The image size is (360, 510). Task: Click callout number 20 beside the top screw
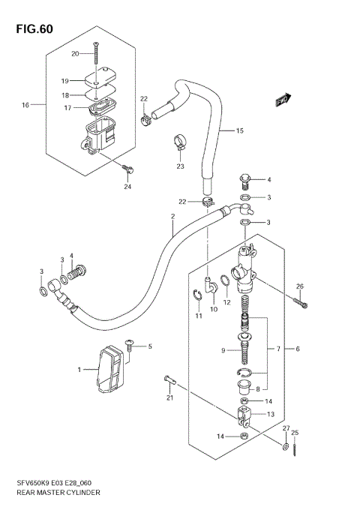click(x=75, y=53)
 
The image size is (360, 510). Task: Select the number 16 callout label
click(x=25, y=105)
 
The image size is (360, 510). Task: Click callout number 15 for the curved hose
click(x=219, y=130)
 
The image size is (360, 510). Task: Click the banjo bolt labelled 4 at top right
click(x=242, y=180)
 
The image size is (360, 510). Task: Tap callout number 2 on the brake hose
click(x=172, y=217)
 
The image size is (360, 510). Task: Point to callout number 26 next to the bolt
click(x=299, y=286)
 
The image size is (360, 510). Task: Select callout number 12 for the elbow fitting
click(x=226, y=302)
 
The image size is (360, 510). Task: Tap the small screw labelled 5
click(x=130, y=346)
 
